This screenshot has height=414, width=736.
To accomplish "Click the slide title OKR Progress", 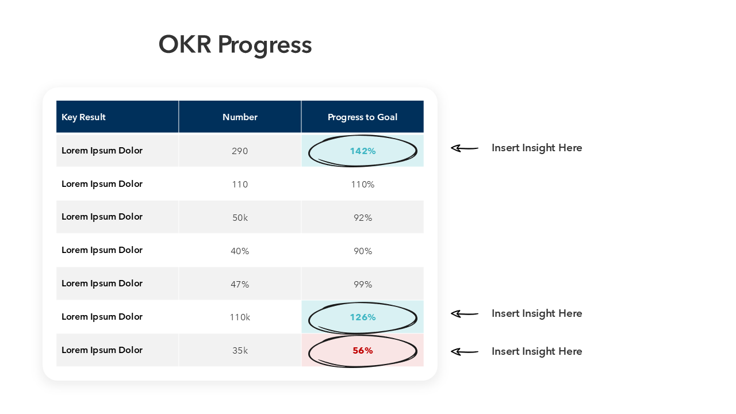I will [235, 45].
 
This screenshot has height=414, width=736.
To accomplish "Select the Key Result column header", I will [84, 117].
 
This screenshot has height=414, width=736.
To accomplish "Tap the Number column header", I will [240, 117].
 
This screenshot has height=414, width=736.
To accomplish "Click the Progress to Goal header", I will [362, 117].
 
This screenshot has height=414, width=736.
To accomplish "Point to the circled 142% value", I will [363, 151].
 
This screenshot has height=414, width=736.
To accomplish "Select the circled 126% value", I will [363, 317].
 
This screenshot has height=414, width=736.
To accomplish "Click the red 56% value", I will [363, 350].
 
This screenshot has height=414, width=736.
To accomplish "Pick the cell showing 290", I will [240, 151].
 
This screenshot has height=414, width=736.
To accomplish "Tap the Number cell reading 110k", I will [240, 317].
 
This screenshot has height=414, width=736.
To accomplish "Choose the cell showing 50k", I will [240, 218].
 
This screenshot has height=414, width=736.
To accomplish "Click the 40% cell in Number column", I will [240, 251].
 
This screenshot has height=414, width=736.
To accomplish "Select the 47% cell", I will [240, 285].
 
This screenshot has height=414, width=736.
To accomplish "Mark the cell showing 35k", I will [240, 351].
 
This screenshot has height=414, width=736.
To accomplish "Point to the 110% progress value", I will [363, 185].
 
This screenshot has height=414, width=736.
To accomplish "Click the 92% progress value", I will [363, 218].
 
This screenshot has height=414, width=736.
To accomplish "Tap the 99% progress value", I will [363, 285].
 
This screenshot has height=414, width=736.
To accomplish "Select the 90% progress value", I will [363, 251].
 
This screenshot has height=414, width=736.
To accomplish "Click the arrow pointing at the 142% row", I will [464, 148].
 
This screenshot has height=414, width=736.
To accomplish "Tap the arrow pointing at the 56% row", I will [464, 351].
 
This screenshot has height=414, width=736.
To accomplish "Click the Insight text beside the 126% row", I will [536, 313].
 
